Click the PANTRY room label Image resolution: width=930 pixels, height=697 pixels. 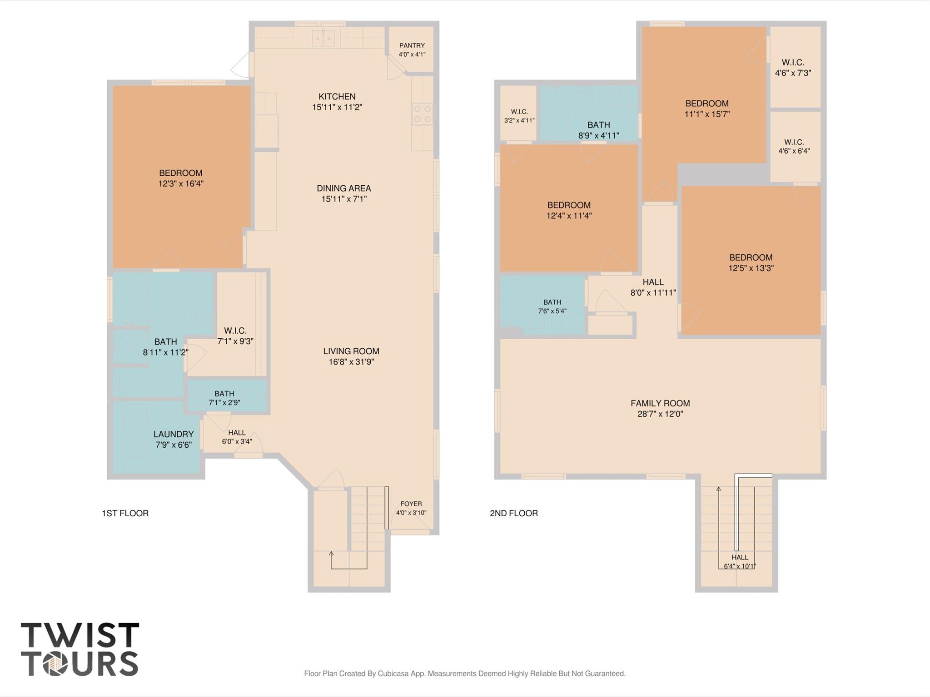pyautogui.click(x=412, y=45)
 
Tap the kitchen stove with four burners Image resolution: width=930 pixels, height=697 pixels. pyautogui.click(x=422, y=114)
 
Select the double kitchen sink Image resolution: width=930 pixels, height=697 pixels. pyautogui.click(x=323, y=38)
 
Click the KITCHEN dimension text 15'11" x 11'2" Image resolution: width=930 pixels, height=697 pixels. pyautogui.click(x=337, y=107)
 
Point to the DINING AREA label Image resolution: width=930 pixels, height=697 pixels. pyautogui.click(x=344, y=188)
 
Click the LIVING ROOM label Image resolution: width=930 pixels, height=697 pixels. pyautogui.click(x=351, y=351)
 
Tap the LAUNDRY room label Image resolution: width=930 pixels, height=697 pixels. pyautogui.click(x=174, y=434)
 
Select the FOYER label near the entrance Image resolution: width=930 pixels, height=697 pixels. pyautogui.click(x=411, y=504)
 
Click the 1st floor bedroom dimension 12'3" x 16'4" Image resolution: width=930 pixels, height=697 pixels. pyautogui.click(x=181, y=184)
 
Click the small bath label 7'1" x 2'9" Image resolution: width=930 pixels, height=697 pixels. pyautogui.click(x=224, y=398)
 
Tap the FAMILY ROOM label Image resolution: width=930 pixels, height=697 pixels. pyautogui.click(x=660, y=403)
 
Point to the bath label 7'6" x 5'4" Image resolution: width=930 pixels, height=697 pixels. pyautogui.click(x=552, y=306)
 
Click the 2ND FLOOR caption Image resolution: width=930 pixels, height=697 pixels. pyautogui.click(x=514, y=513)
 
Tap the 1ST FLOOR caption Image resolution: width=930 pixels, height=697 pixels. pyautogui.click(x=125, y=513)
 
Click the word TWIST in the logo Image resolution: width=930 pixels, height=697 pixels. pyautogui.click(x=80, y=635)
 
